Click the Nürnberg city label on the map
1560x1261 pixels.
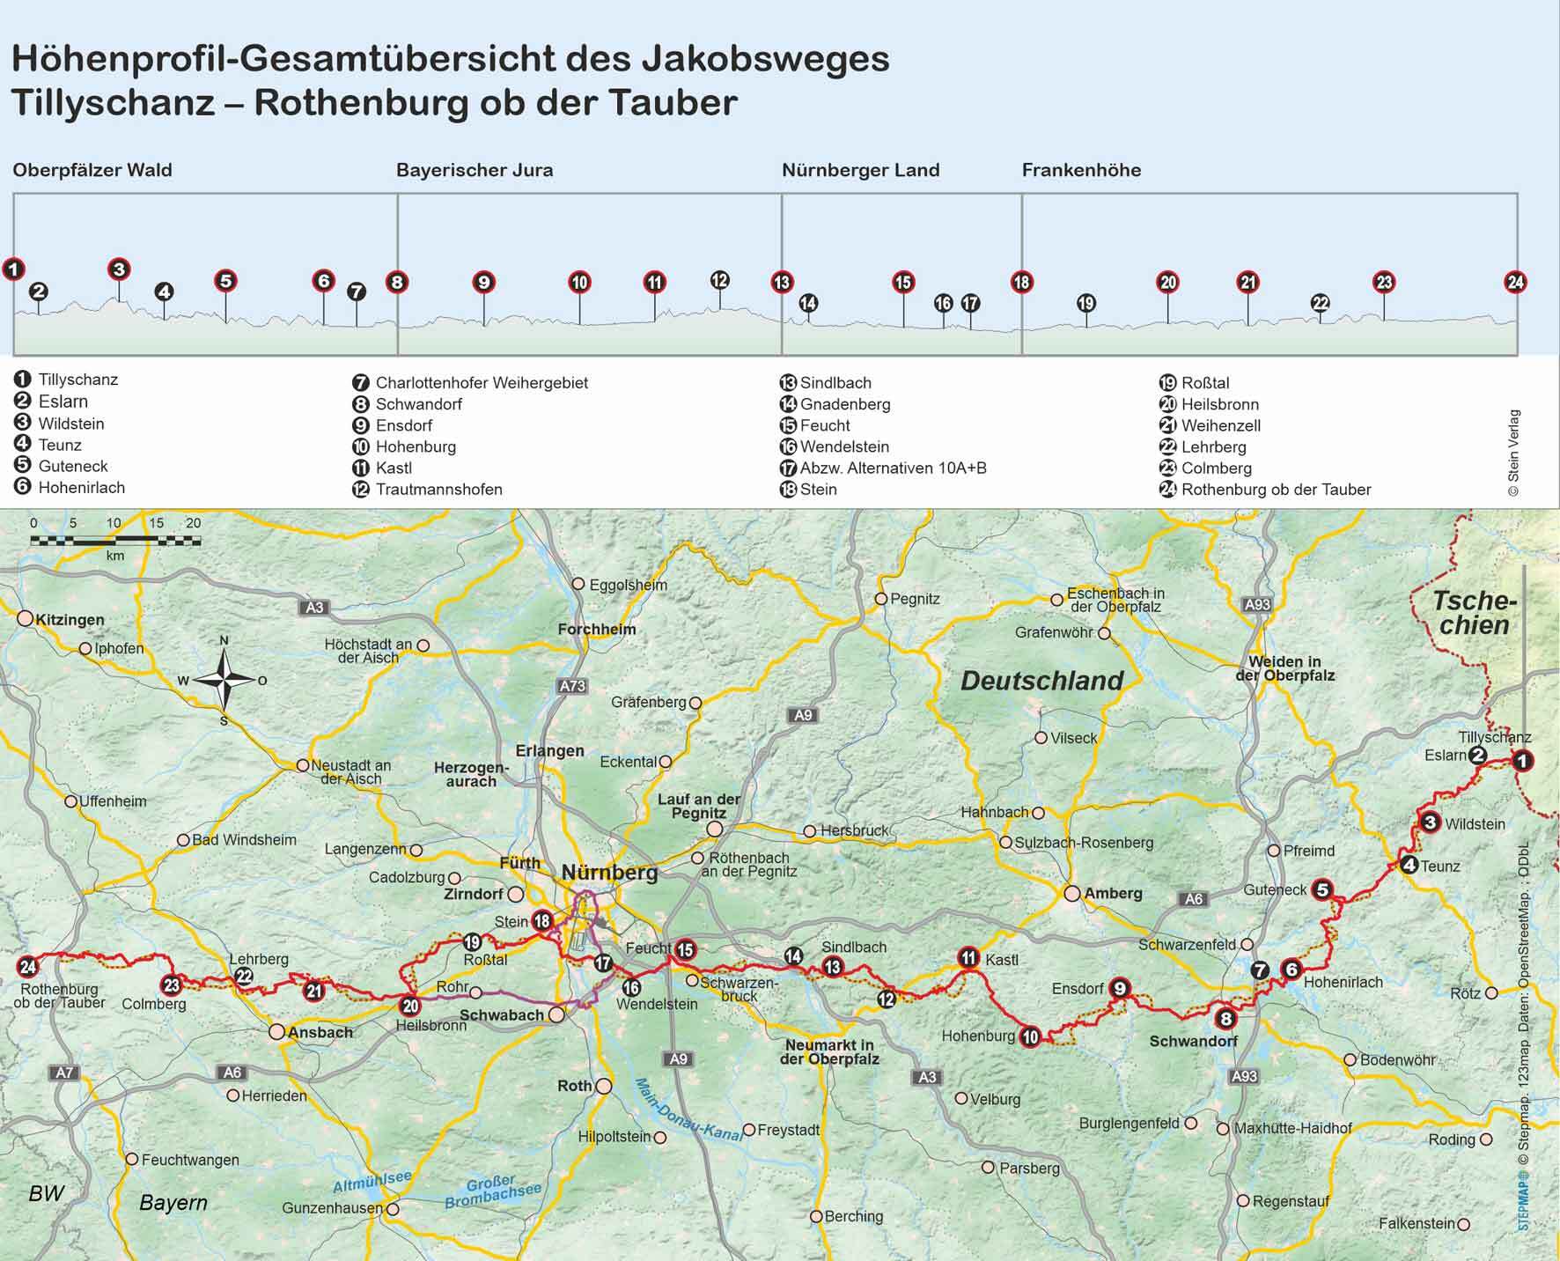pos(609,873)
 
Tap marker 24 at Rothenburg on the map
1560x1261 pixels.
pos(27,967)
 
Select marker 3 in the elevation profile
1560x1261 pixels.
pos(119,269)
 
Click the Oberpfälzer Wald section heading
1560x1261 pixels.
pos(92,170)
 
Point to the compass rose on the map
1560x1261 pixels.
pos(224,679)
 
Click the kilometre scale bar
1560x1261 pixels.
pos(115,540)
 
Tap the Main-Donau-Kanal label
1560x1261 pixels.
pos(689,1110)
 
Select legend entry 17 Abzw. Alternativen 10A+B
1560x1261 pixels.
pos(884,468)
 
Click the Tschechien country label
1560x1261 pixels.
pos(1474,613)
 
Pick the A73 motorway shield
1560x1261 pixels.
pos(571,685)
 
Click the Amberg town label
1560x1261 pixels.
pos(1113,893)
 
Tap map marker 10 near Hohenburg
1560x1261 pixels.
pos(1030,1036)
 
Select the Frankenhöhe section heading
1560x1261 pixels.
pos(1081,170)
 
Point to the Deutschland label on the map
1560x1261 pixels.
pos(1041,681)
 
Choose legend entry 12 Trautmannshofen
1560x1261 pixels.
pos(428,489)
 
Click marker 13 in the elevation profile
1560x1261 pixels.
pos(782,283)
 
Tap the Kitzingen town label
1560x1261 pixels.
pos(70,619)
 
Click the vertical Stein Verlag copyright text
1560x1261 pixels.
pos(1513,453)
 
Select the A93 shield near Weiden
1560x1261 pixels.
pos(1257,604)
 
